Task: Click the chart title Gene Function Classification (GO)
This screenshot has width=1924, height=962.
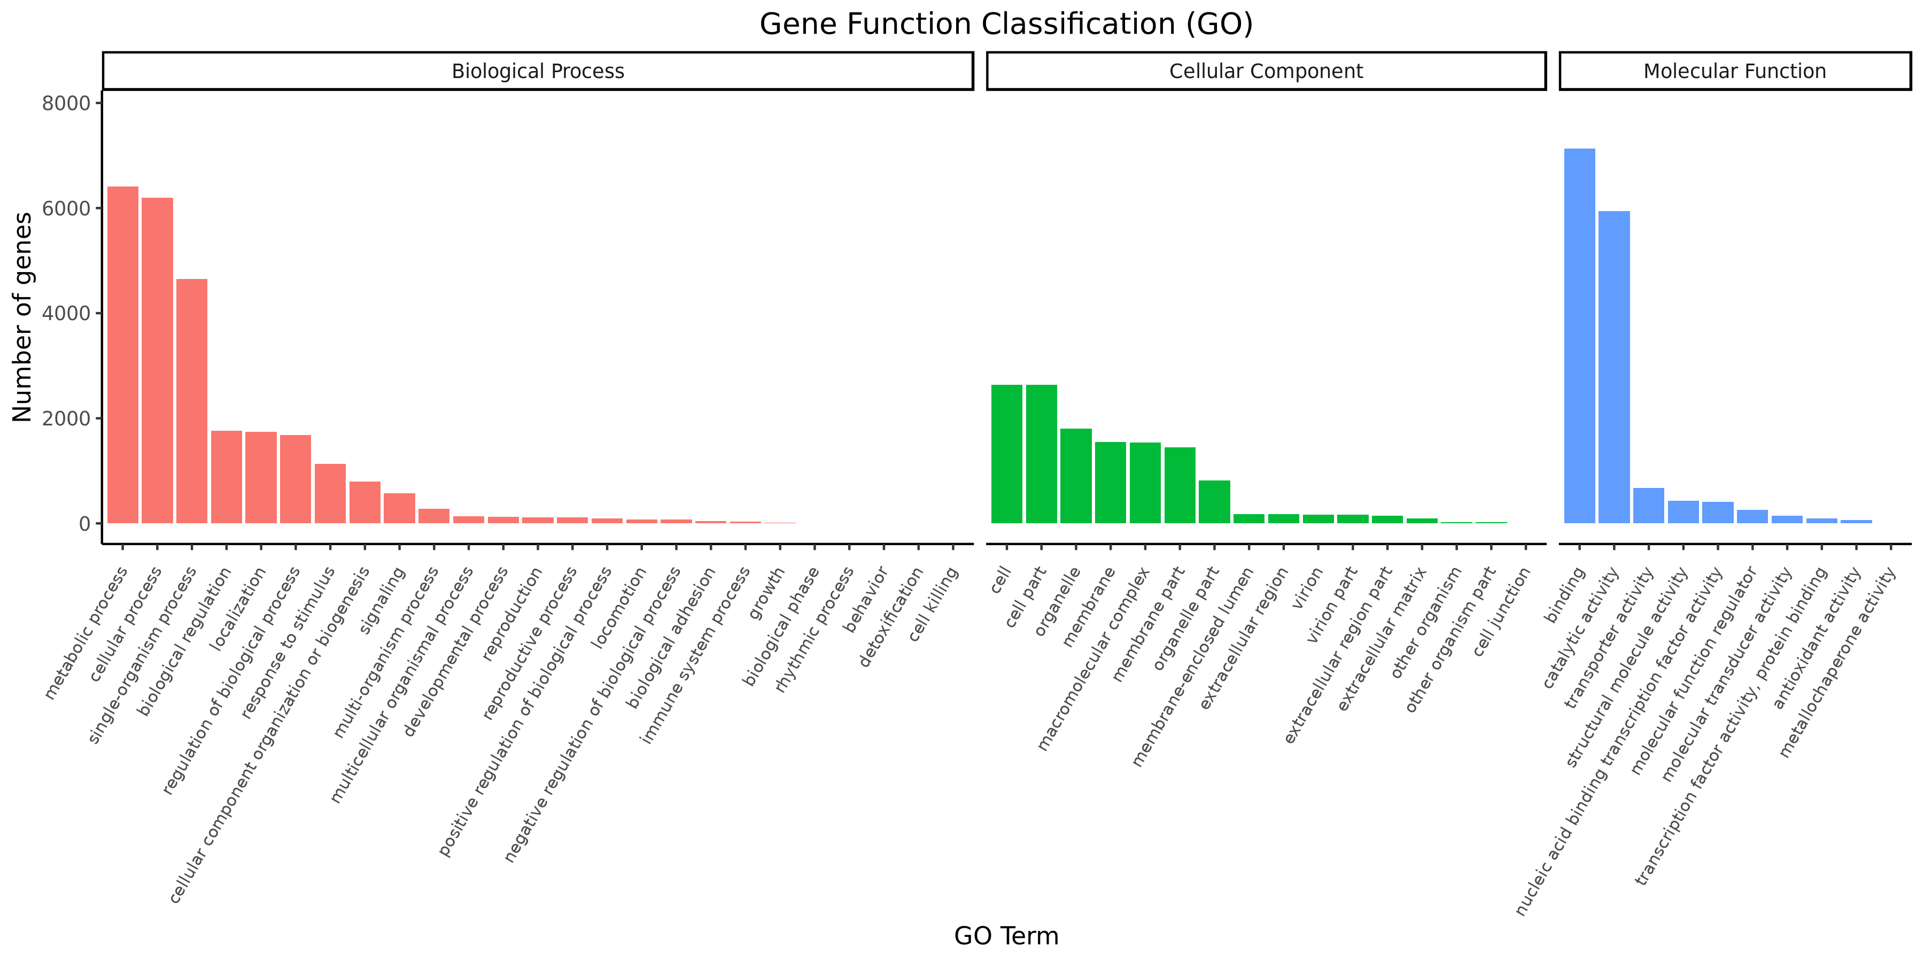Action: (x=1005, y=24)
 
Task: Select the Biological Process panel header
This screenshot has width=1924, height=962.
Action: (x=538, y=71)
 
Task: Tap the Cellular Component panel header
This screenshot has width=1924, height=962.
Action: (x=1265, y=71)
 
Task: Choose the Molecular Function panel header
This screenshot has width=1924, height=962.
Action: (x=1734, y=71)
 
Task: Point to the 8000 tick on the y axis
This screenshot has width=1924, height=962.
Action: (x=66, y=103)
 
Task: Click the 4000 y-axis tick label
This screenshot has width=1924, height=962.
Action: (x=66, y=314)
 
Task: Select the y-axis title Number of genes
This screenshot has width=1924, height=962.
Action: (x=22, y=317)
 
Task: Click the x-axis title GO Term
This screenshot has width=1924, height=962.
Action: (x=1005, y=936)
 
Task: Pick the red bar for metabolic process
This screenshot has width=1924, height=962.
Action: (x=123, y=355)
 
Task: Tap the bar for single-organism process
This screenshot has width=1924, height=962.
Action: (x=192, y=401)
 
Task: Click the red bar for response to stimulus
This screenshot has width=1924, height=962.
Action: (x=330, y=493)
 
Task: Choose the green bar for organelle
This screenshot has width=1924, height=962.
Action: (x=1075, y=476)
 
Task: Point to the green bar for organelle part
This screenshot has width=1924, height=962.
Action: (x=1214, y=502)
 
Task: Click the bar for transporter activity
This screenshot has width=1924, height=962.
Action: (x=1648, y=506)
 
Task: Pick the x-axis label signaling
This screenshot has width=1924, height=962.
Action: (x=383, y=601)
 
